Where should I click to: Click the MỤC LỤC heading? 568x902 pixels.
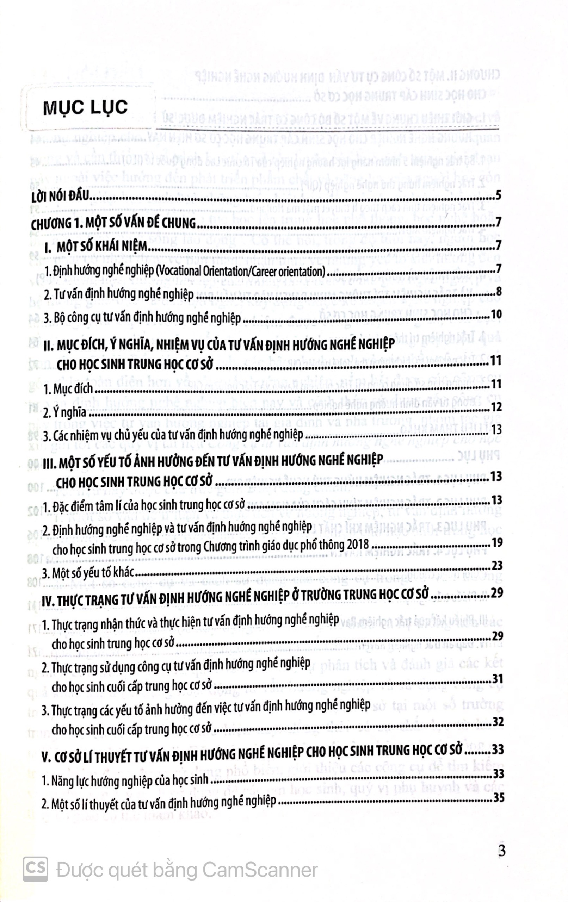coord(85,107)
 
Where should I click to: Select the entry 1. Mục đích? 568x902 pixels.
coord(67,388)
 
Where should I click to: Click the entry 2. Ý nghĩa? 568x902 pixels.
coord(64,412)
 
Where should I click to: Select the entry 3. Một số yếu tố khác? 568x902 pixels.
coord(88,573)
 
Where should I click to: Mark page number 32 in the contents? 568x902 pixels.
coord(496,721)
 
